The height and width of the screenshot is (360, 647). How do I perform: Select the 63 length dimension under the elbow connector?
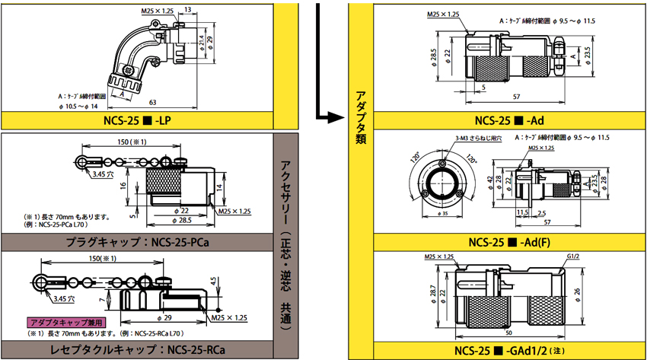(x=153, y=102)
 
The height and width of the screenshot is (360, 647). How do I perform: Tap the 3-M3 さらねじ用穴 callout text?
(x=473, y=138)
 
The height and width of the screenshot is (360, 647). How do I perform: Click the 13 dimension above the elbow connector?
(x=187, y=8)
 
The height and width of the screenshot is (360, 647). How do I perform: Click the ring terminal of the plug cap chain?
(x=82, y=162)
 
